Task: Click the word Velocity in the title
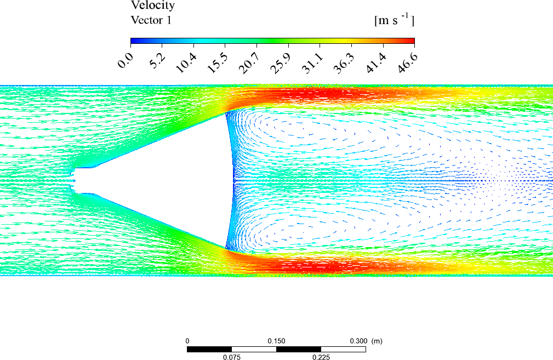pos(152,6)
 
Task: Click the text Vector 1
pos(152,20)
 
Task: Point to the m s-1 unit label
pos(394,20)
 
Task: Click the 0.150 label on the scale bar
pos(276,341)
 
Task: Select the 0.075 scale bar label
pos(231,357)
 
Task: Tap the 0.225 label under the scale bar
pos(321,357)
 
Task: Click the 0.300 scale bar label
pos(359,341)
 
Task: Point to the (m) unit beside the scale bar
pos(377,341)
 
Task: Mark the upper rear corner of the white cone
pos(226,113)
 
